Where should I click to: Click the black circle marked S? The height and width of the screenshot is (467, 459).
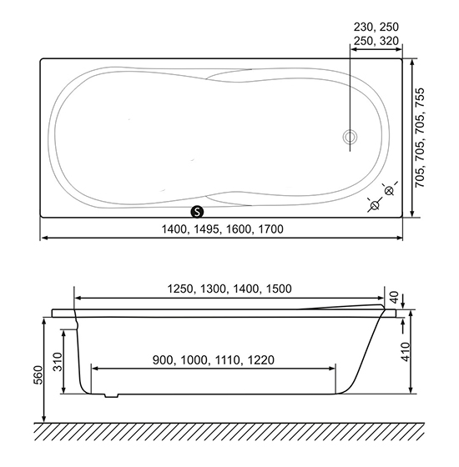[197, 212]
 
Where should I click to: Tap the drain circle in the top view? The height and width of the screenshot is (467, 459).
[350, 138]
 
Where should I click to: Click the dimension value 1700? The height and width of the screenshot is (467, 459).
[270, 229]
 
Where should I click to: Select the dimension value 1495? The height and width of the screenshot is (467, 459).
[206, 229]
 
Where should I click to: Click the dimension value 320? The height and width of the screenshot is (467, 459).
[389, 41]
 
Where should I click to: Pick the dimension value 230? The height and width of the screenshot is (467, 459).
[363, 27]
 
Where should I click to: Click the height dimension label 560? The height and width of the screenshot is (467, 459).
[38, 375]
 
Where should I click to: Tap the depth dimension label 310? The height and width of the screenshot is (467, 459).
[58, 362]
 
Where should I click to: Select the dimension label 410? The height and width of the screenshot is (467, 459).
[406, 352]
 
